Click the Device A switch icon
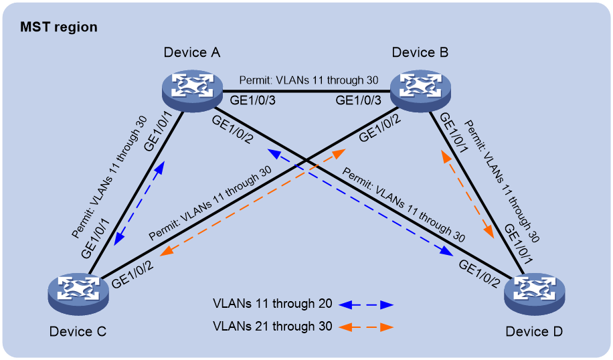tap(192, 91)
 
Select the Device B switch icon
tap(420, 91)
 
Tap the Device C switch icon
tap(78, 294)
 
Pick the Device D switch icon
tap(535, 294)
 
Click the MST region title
tap(59, 27)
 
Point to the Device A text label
tap(192, 52)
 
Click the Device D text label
tap(534, 331)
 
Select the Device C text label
tap(78, 331)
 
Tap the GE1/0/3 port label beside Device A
tap(252, 100)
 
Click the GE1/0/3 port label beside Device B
tap(358, 100)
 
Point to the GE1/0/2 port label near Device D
tap(479, 274)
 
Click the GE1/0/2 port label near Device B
tap(380, 128)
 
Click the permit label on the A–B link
tap(309, 80)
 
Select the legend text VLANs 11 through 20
tap(272, 303)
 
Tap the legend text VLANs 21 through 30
tap(272, 327)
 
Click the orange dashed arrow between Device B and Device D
tap(468, 195)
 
